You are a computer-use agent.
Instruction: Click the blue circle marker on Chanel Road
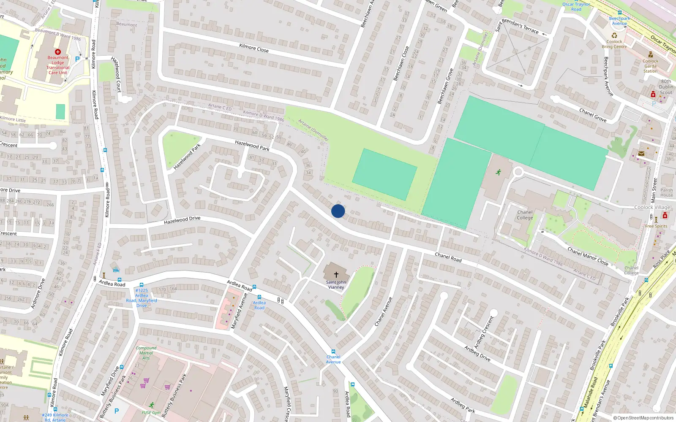pos(338,211)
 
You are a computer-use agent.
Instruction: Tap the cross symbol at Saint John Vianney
pos(336,274)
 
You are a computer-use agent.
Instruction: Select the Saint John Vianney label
pos(336,285)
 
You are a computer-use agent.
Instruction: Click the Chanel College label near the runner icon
pos(525,215)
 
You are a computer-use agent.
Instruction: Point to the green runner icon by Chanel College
pos(499,172)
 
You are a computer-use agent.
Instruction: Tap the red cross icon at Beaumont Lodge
pos(58,52)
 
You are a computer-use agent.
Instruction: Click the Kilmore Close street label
pos(253,48)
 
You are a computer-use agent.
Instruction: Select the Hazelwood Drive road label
pos(182,220)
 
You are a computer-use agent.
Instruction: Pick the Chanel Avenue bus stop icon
pos(333,351)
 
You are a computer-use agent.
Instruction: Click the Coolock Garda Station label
pos(651,66)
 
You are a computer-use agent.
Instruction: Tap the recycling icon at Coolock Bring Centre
pos(614,35)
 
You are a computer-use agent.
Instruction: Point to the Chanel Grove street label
pos(593,115)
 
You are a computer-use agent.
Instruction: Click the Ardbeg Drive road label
pos(477,353)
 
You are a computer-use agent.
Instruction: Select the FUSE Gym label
pos(151,412)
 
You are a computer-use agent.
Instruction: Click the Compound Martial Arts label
pos(146,353)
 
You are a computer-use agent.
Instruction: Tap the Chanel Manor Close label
pos(588,256)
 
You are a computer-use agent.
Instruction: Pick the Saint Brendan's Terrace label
pos(519,26)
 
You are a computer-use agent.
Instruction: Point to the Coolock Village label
pos(652,207)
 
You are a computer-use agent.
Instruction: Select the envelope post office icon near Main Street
pos(641,154)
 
